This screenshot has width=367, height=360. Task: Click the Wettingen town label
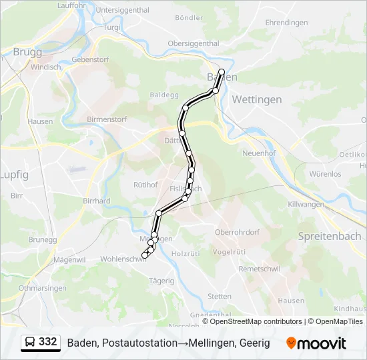click(256, 99)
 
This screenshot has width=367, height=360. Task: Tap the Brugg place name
click(27, 51)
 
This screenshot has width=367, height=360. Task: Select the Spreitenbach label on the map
click(330, 236)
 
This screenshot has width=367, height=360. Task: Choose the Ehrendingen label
click(286, 23)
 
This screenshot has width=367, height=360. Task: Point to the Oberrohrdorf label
click(236, 232)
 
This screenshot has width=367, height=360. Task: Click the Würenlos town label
click(325, 174)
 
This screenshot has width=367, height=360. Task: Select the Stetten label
click(220, 296)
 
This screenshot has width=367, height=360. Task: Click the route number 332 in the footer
click(47, 341)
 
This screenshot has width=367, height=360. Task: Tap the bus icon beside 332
click(31, 342)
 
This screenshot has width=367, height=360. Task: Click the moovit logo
click(316, 343)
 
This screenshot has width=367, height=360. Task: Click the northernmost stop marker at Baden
click(222, 71)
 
